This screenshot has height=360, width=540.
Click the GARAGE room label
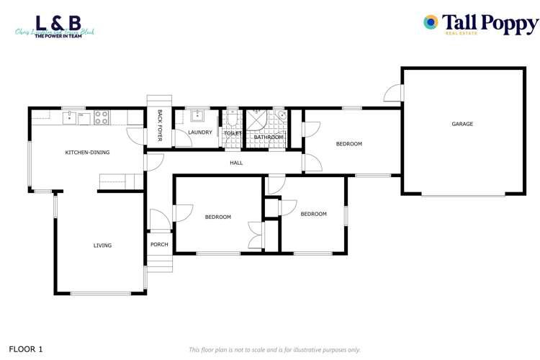[462, 124]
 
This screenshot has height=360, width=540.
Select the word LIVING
[102, 246]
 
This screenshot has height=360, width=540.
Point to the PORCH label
[159, 245]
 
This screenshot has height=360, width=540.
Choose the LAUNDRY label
[199, 132]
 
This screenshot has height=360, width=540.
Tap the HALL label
[236, 163]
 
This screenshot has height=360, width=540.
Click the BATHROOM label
[268, 137]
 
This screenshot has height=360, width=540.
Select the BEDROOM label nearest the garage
[349, 144]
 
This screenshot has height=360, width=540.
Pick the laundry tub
[197, 117]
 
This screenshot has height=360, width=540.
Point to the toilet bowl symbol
[232, 117]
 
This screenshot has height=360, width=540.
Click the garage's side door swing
[393, 93]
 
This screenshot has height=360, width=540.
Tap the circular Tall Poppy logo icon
[431, 22]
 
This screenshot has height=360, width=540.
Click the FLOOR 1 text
[26, 349]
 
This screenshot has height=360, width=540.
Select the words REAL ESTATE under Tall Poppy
[464, 32]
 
